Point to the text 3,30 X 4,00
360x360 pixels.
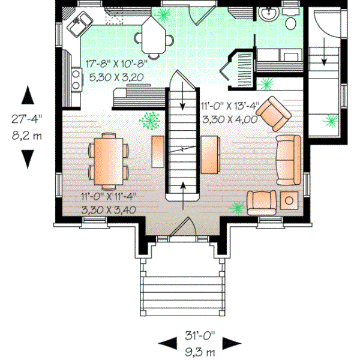pyautogui.click(x=229, y=119)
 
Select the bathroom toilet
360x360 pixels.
pyautogui.click(x=291, y=22)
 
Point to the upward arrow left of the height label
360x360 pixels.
pyautogui.click(x=27, y=95)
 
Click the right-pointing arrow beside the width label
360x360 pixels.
pyautogui.click(x=231, y=343)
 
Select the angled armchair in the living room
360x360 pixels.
pyautogui.click(x=274, y=113)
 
